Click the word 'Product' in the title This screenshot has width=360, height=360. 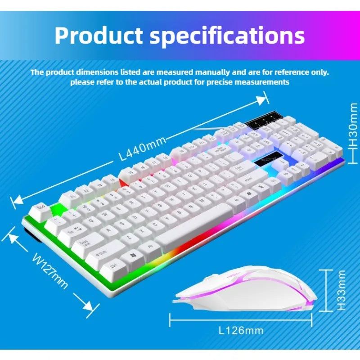coord(98,36)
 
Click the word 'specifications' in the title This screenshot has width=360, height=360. coord(227,36)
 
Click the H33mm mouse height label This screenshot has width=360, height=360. coord(342,290)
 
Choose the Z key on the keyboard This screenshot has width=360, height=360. coord(127,238)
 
